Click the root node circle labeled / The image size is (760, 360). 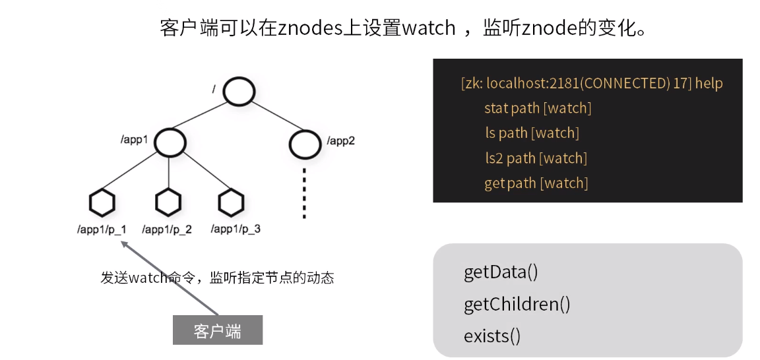tap(238, 92)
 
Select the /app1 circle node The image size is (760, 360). tap(170, 142)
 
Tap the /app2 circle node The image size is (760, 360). tap(304, 142)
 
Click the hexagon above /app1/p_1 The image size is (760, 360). tap(103, 203)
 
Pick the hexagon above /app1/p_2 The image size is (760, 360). tap(169, 203)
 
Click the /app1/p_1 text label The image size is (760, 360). tap(102, 229)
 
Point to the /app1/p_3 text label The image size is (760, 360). tap(236, 229)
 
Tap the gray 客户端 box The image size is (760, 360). tap(218, 331)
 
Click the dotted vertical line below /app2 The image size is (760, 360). tap(304, 193)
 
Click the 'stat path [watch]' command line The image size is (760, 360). tap(537, 108)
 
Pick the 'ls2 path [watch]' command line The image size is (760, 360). tap(536, 158)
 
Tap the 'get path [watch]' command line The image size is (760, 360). tap(536, 183)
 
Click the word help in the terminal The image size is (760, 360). tap(709, 84)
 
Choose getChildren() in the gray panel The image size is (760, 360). tap(517, 305)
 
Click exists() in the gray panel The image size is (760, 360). tap(492, 336)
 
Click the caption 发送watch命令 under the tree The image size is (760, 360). tap(149, 278)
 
